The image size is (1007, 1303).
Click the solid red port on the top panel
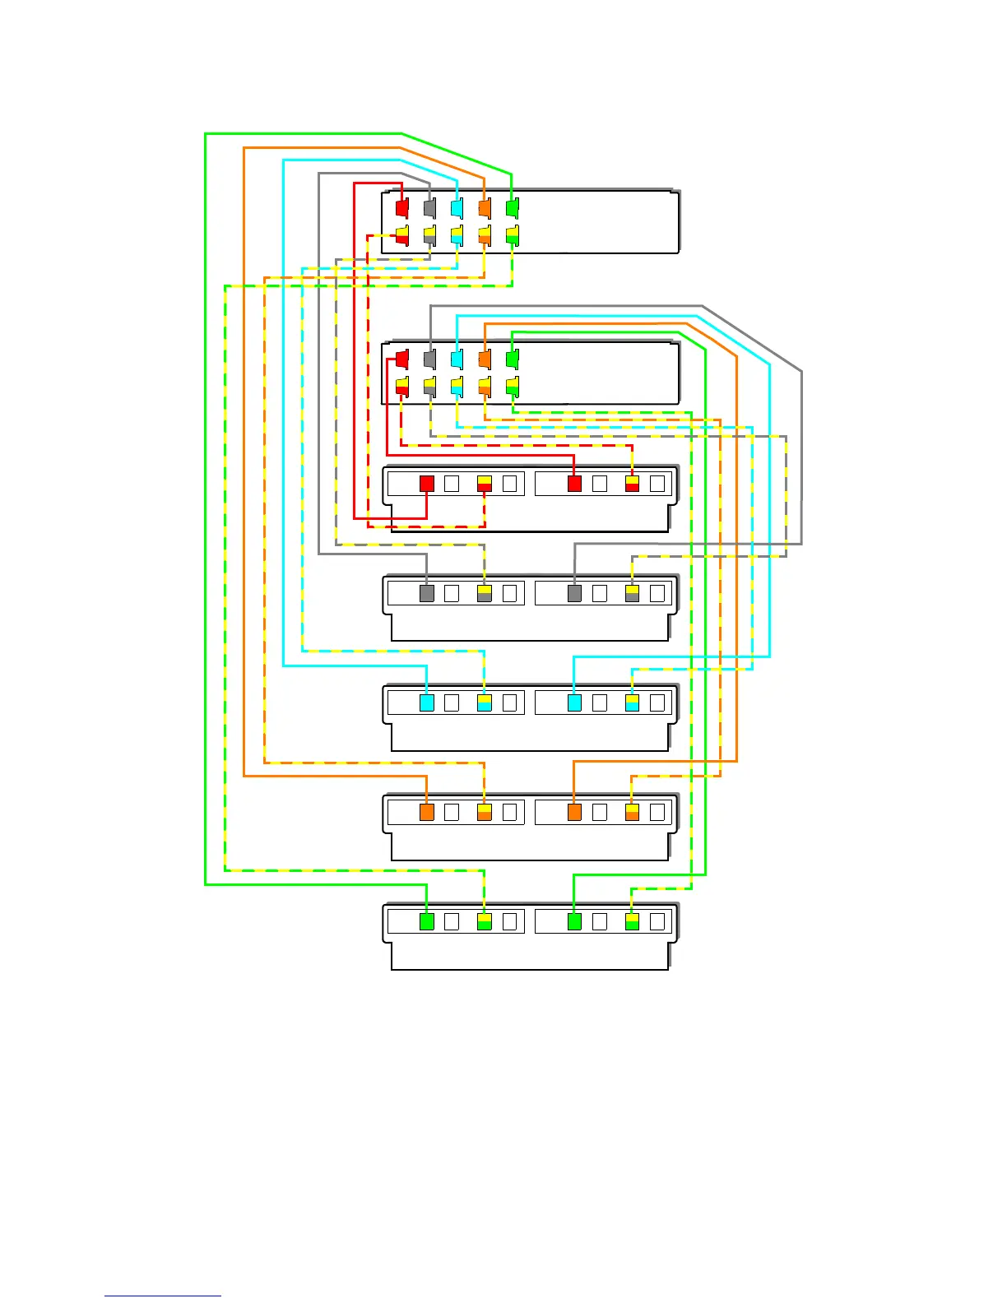(401, 207)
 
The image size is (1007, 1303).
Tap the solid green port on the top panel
(512, 207)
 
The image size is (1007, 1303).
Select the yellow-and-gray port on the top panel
(429, 235)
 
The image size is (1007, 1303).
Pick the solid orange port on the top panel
(485, 207)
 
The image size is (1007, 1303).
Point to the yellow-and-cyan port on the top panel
(457, 235)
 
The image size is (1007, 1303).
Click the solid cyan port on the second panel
(457, 359)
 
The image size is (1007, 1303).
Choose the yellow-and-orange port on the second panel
(485, 386)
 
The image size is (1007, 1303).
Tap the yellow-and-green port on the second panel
(512, 386)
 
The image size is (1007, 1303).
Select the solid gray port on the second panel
(429, 359)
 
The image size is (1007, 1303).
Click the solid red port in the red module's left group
(426, 484)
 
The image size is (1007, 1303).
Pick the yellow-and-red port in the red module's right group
(632, 484)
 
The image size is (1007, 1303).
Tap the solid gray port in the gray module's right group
(574, 593)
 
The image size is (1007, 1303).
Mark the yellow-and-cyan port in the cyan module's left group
(484, 703)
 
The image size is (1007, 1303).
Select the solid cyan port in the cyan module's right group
(574, 703)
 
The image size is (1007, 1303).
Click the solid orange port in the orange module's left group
(426, 812)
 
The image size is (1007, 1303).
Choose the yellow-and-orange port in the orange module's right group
(632, 812)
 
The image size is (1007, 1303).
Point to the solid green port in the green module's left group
(426, 921)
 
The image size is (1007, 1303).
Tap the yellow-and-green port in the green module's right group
(632, 921)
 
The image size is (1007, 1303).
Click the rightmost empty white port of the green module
(657, 921)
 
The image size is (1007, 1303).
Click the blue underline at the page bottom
(163, 1296)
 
